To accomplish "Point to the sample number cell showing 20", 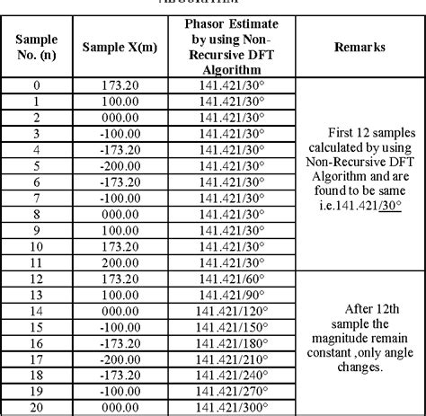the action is tap(35, 406).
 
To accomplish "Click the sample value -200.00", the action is tap(120, 167).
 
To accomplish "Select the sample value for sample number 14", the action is tap(120, 310).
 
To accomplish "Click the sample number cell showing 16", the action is tap(35, 343).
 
